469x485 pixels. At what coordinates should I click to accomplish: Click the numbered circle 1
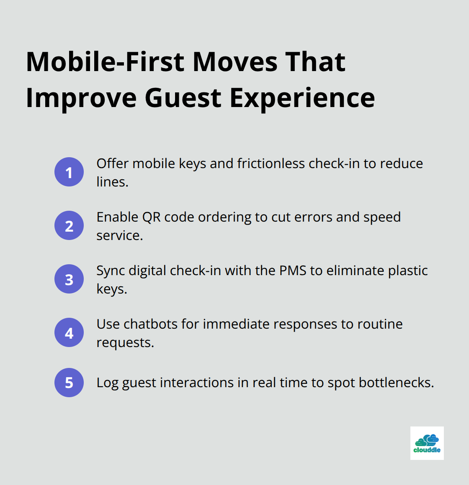click(69, 172)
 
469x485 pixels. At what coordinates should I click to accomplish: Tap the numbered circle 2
click(69, 225)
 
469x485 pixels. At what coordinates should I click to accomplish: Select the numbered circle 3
click(69, 279)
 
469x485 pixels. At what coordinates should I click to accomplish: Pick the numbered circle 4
click(69, 332)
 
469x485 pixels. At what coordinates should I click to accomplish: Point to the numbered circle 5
click(69, 383)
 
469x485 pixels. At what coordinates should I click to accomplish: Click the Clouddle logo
click(427, 443)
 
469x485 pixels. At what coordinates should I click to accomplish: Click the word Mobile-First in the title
click(105, 62)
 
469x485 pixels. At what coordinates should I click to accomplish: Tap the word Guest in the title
click(183, 98)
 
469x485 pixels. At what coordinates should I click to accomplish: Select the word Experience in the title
click(302, 98)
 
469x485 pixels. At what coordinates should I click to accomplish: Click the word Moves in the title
click(235, 62)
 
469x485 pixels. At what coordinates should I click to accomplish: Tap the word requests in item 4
click(125, 342)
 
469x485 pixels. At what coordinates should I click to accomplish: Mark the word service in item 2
click(119, 235)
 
